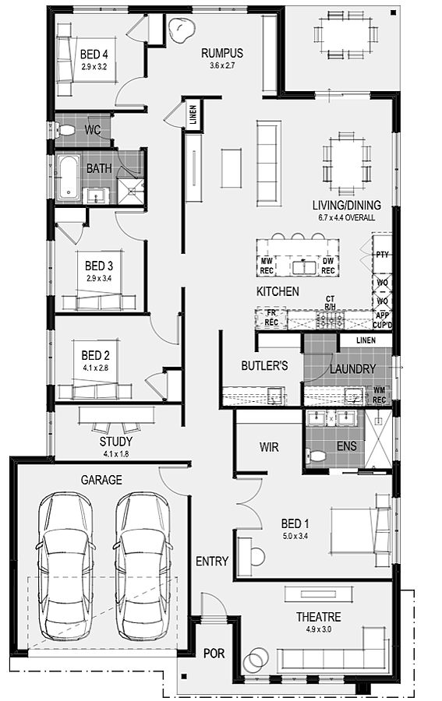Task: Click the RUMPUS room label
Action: (222, 53)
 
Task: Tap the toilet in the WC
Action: (66, 129)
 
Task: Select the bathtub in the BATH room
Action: (68, 178)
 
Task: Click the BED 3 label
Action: (99, 266)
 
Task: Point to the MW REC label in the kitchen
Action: (267, 266)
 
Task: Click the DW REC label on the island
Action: (328, 266)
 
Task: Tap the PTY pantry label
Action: (382, 255)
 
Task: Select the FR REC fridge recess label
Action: (271, 318)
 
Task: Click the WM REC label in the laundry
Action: (379, 395)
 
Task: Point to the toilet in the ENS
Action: (316, 456)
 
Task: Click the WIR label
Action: (269, 446)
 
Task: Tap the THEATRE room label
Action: (319, 617)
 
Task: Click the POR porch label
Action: (214, 653)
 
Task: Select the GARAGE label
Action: (101, 480)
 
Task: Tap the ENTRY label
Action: (212, 561)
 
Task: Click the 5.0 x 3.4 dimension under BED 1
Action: (295, 536)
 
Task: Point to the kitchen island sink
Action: (305, 267)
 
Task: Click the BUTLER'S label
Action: (264, 366)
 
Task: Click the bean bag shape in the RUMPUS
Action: (181, 30)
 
